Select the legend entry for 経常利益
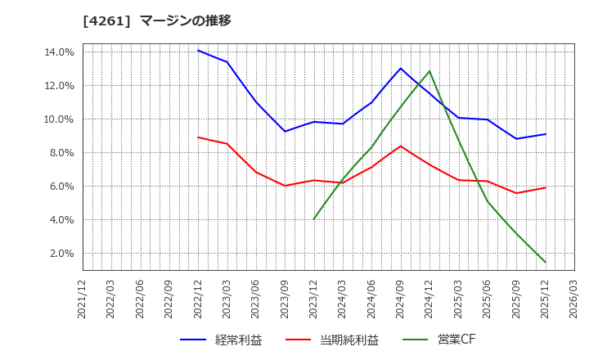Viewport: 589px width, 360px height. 221,340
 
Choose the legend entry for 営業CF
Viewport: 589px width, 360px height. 438,340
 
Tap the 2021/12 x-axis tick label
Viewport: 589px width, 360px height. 82,300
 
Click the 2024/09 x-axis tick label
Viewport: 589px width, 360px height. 401,300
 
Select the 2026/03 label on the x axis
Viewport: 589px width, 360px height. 574,300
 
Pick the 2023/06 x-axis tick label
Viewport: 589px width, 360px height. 256,300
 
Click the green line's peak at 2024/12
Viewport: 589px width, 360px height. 429,71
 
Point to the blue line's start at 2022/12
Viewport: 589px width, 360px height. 198,51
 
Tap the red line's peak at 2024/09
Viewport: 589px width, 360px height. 401,146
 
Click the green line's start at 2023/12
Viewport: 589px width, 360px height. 313,219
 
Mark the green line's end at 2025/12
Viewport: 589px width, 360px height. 546,263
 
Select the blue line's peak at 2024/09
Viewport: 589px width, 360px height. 401,68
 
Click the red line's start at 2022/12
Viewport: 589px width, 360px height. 198,137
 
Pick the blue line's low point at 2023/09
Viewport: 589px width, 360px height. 285,131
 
